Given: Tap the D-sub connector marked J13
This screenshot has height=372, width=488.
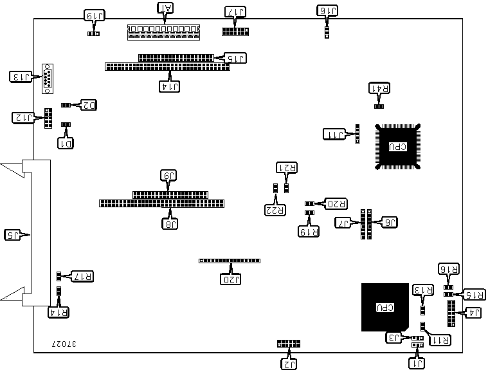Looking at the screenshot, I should (x=48, y=79).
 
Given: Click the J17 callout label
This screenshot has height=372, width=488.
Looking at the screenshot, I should (x=235, y=12).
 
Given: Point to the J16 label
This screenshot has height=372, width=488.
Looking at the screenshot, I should (x=328, y=10).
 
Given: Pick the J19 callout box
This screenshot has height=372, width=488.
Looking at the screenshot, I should (x=94, y=14).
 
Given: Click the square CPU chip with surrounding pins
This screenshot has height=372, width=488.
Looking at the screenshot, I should (x=397, y=147).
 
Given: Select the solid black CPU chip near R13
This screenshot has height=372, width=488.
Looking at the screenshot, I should (x=384, y=306).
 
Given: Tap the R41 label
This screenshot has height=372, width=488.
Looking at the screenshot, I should (x=379, y=88).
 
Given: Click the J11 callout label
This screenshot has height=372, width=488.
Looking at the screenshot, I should (x=334, y=134).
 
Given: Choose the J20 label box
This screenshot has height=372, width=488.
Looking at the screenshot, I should (x=231, y=279).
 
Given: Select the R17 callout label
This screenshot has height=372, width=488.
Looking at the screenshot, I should (x=82, y=276).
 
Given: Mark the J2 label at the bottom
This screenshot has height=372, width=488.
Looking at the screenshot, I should (x=289, y=364).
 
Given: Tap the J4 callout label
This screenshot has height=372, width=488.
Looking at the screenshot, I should (x=473, y=313).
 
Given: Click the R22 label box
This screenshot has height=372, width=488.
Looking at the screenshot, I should (x=275, y=209).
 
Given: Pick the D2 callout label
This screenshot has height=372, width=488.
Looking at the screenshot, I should (x=87, y=104).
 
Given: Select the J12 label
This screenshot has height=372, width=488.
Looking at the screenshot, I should (x=23, y=117).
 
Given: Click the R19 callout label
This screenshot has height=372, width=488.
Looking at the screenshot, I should (x=309, y=230).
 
